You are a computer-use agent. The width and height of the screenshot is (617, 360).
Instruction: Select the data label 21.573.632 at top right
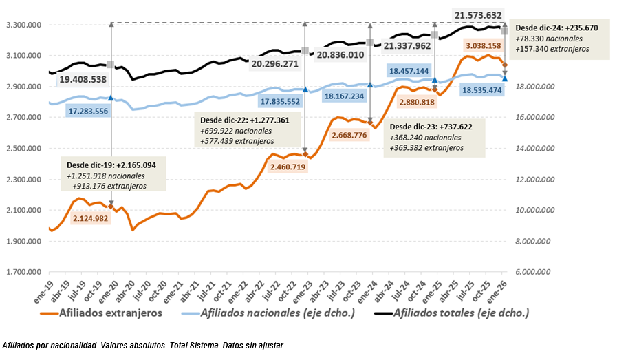coord(479,15)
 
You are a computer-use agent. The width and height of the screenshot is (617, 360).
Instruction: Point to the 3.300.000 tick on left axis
coord(23,25)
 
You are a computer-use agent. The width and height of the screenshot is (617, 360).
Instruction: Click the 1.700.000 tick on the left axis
coord(23,273)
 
